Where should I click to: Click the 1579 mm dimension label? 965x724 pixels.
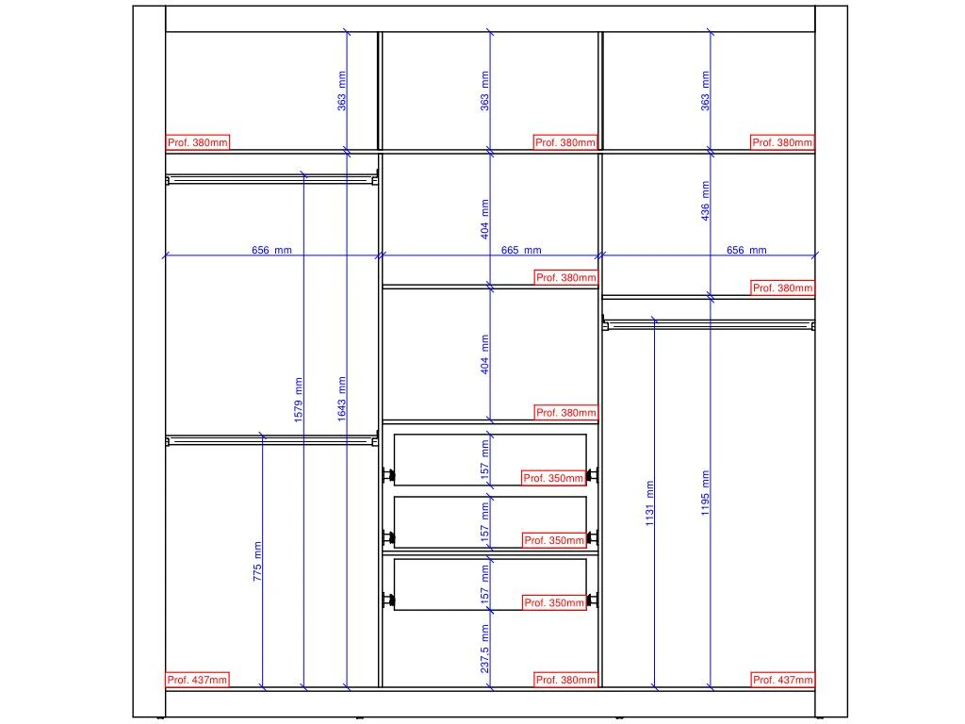click(299, 399)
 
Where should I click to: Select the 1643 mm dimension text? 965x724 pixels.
click(342, 399)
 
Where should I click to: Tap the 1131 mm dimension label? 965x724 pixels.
click(650, 503)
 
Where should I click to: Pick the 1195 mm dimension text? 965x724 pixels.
click(706, 492)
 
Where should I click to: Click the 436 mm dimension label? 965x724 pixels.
click(706, 201)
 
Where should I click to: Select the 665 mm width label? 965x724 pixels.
click(521, 251)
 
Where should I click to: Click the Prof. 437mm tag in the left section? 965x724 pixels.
click(197, 680)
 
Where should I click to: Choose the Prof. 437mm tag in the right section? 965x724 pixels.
click(782, 680)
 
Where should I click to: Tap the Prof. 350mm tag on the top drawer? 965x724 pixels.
click(554, 478)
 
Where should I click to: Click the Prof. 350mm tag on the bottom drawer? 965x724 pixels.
click(554, 602)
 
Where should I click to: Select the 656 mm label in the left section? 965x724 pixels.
click(271, 251)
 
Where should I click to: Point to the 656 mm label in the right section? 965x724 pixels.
click(746, 251)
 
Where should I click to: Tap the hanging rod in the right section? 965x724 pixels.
click(707, 325)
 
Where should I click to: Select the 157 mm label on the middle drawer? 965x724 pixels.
click(484, 521)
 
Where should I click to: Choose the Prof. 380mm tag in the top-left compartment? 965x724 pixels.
click(197, 142)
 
